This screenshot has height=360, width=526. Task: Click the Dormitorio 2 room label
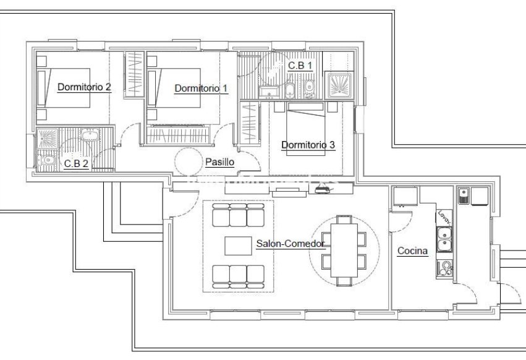point(84,87)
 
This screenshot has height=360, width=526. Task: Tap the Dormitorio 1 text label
point(201,88)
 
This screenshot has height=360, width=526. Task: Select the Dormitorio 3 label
point(308,145)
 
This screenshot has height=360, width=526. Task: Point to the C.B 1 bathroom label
point(300,66)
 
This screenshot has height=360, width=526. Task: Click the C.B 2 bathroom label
point(76,163)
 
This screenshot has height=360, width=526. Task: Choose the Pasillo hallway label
point(219,162)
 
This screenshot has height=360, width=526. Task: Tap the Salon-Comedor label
point(291,244)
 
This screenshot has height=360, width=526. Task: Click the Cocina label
point(412,251)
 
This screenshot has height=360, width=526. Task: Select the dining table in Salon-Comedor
point(344,250)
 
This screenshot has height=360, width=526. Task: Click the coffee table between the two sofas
point(238,246)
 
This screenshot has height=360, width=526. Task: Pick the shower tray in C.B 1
point(339,85)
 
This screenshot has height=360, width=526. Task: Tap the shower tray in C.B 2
point(48,139)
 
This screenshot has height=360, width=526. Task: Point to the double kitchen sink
point(444,239)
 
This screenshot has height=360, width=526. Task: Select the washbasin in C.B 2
point(90,135)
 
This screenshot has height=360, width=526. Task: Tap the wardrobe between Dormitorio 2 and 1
point(134,75)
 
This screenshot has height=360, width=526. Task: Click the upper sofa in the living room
point(238,215)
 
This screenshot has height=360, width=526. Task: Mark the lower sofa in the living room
point(238,276)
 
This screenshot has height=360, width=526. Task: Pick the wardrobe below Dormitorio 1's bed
point(178,134)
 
